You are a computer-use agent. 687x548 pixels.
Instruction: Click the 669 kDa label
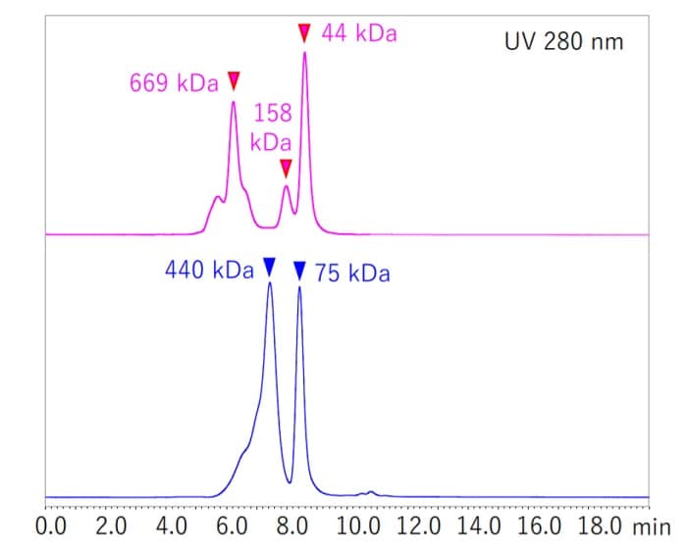174,83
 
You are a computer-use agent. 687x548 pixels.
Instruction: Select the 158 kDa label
271,126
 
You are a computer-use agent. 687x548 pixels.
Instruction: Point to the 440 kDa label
210,270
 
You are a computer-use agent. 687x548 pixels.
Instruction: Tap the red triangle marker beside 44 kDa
304,33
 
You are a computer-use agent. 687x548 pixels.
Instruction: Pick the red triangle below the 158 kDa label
286,168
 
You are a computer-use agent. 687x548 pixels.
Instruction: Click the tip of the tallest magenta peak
305,52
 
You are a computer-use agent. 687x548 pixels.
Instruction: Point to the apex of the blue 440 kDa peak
269,283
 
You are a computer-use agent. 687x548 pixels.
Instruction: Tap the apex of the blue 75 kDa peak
299,288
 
